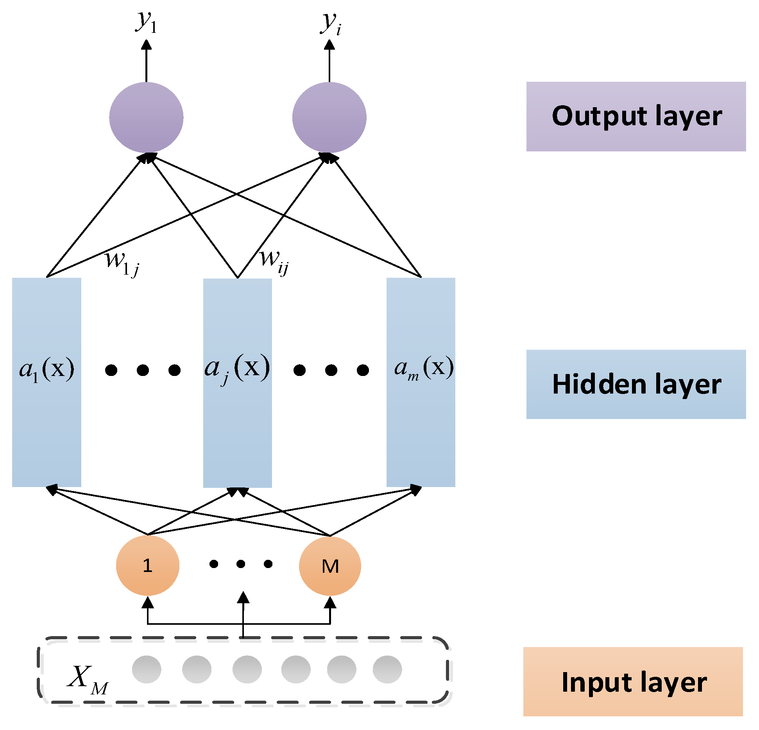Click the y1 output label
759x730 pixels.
tap(146, 23)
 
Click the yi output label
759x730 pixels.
tap(331, 23)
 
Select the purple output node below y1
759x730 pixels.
tap(146, 117)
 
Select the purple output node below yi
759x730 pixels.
tap(329, 117)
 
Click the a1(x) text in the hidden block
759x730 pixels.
tap(47, 369)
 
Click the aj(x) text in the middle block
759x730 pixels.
tap(237, 369)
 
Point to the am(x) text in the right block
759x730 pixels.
tap(424, 369)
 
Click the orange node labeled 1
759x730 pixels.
tap(147, 565)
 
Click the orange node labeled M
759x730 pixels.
tap(330, 566)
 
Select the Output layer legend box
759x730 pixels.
tap(635, 117)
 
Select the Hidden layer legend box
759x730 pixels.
tap(635, 384)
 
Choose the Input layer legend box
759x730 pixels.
tap(633, 681)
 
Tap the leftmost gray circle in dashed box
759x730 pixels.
tap(147, 669)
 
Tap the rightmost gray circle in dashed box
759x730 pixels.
tap(387, 669)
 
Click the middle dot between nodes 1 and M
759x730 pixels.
tap(241, 564)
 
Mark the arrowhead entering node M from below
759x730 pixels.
tap(330, 603)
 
